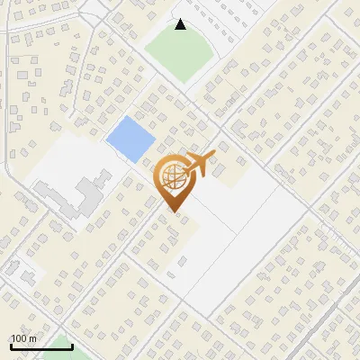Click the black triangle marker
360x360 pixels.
[x=181, y=24]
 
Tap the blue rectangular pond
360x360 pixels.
[x=129, y=138]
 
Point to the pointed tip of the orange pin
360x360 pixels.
[x=173, y=211]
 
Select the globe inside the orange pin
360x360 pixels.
[x=172, y=178]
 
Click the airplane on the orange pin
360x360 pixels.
[x=199, y=165]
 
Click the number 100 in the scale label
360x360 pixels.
[x=18, y=338]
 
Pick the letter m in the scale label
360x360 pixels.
[x=31, y=338]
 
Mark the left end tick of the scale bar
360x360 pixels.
[x=10, y=346]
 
